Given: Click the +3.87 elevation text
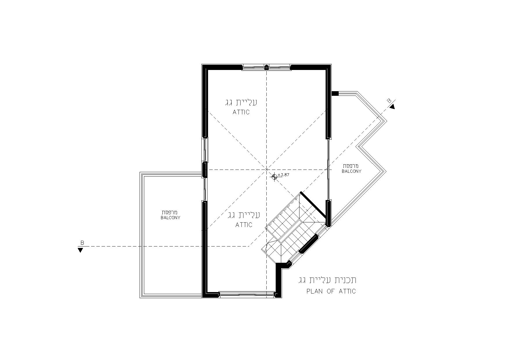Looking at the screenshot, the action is click(x=284, y=175).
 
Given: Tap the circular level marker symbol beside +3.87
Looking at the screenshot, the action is click(x=274, y=176).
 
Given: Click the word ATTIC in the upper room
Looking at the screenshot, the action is click(x=241, y=112).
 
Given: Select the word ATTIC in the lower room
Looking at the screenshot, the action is click(x=244, y=225).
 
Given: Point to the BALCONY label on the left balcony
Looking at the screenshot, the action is click(x=171, y=217).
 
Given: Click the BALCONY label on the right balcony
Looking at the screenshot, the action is click(x=351, y=171).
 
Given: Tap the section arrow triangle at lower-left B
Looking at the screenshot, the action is click(x=80, y=250).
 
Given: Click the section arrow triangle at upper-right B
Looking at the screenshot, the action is click(x=392, y=107).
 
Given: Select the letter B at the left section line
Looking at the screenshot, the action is click(x=82, y=243).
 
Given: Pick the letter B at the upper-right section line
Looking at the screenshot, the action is click(x=389, y=101).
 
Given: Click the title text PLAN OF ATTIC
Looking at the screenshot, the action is click(x=331, y=291).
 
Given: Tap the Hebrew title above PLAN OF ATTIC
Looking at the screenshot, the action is click(x=327, y=280).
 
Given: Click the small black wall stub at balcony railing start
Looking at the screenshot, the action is click(x=335, y=93).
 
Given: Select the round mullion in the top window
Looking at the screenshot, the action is click(x=266, y=67).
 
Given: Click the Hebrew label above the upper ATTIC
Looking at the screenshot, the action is click(x=241, y=103).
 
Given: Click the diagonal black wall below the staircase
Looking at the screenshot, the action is click(x=308, y=244).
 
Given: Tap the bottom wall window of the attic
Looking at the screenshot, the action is click(x=247, y=295).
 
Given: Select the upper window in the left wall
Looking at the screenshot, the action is click(x=205, y=150).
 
